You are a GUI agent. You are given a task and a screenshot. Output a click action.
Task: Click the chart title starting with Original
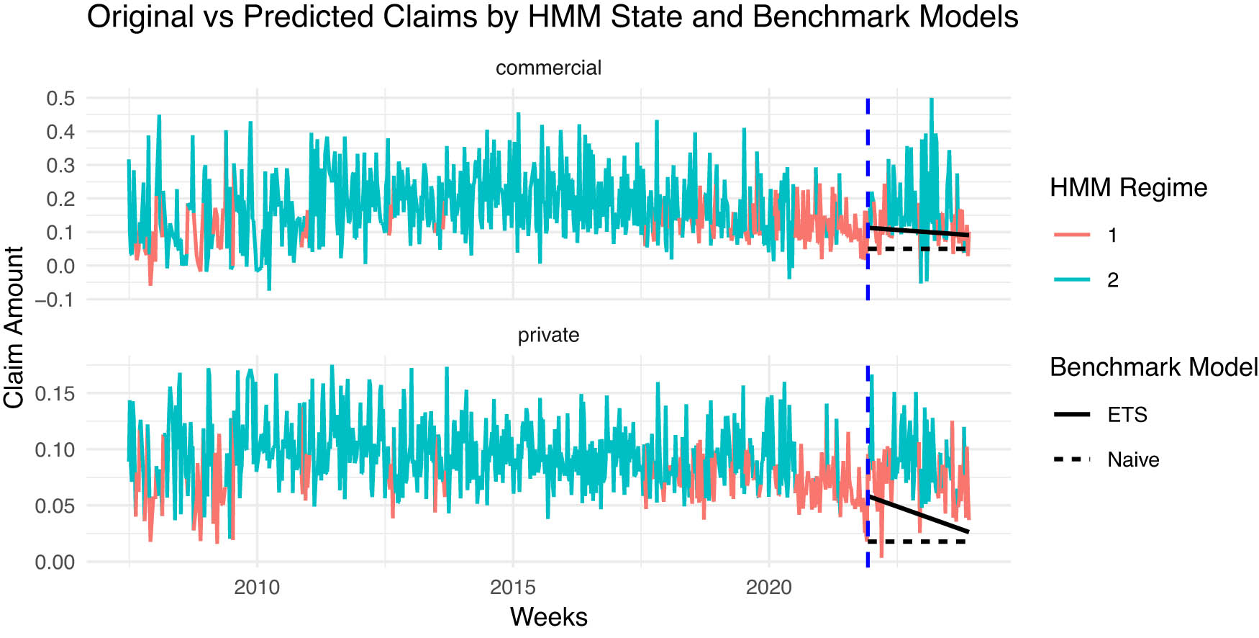point(552,17)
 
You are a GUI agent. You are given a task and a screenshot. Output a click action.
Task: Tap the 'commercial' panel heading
point(548,68)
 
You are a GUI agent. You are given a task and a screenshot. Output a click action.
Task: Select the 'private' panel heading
point(548,335)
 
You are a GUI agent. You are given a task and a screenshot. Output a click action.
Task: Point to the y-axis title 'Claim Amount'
point(14,328)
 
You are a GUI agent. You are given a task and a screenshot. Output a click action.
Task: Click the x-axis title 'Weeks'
point(548,617)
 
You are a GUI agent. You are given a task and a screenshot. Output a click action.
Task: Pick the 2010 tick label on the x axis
point(257,588)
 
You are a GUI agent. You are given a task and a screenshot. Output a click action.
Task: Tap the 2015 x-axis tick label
point(513,588)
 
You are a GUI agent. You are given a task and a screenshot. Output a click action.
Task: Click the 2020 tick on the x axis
point(768,588)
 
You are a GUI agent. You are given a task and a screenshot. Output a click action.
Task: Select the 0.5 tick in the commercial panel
point(60,98)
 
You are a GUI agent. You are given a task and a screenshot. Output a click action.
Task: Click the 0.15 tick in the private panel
point(55,393)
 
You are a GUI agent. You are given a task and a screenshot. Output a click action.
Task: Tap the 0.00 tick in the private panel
point(55,562)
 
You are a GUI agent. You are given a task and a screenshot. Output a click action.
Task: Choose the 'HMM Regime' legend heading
point(1128,188)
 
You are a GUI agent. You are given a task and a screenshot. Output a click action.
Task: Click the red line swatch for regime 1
point(1072,235)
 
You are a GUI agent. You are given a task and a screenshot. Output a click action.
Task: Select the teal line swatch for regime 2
point(1072,280)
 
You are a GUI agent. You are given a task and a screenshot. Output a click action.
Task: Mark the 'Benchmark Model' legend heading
point(1153,367)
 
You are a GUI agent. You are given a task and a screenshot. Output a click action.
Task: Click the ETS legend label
point(1127,415)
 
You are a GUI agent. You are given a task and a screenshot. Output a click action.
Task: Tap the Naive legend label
point(1133,459)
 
